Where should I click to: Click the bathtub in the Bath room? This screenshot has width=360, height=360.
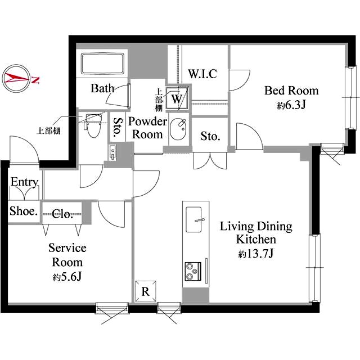102,64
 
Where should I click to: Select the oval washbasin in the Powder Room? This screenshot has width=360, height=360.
178,129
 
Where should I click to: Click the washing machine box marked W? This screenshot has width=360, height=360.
177,99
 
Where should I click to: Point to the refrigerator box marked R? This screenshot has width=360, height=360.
146,291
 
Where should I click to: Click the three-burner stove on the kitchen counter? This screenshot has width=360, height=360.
193,272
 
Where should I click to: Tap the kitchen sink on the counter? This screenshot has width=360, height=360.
194,219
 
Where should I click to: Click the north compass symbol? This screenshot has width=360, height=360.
16,79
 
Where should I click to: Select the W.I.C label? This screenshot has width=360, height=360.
202,74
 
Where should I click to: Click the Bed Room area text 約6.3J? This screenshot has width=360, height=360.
291,105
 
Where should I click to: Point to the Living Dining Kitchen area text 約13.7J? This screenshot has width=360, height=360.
256,254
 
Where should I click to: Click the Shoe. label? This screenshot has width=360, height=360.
24,211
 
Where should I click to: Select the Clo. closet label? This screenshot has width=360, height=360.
62,214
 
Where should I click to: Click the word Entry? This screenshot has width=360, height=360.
24,182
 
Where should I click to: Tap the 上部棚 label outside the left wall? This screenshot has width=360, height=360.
49,130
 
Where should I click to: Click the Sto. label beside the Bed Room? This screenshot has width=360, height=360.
210,136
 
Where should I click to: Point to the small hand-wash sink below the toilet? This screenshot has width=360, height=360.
113,152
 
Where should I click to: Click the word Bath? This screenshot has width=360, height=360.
102,88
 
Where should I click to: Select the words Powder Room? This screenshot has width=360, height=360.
147,128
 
